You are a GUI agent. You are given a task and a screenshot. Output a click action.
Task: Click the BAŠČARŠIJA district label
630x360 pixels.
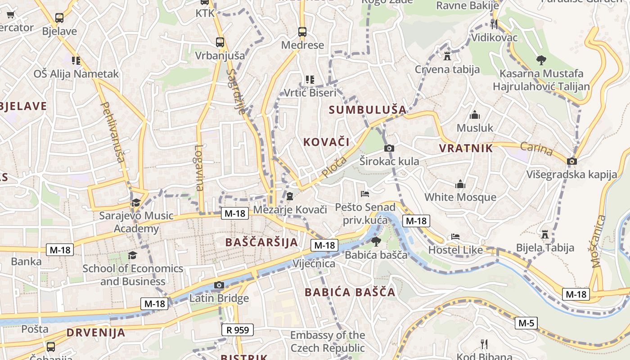click(x=261, y=242)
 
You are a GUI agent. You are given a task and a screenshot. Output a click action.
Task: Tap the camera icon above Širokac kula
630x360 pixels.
click(x=389, y=148)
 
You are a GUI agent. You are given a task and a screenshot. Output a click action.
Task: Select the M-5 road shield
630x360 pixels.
click(x=526, y=323)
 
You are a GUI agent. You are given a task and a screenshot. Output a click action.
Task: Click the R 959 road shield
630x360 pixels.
click(x=238, y=330)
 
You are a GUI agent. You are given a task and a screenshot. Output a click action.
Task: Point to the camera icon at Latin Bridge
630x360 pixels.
click(x=219, y=285)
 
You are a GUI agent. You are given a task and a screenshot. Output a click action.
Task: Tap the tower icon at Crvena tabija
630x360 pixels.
click(x=447, y=56)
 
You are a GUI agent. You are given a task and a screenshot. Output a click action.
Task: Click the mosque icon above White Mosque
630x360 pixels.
click(x=460, y=184)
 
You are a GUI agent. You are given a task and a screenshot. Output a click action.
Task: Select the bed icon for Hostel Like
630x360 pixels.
click(x=455, y=237)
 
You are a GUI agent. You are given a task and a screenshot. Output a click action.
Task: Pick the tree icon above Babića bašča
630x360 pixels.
click(x=376, y=242)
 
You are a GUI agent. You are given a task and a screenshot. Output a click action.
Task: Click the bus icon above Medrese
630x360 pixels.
click(x=302, y=32)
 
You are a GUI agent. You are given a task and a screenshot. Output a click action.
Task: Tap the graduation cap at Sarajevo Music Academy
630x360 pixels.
click(x=136, y=202)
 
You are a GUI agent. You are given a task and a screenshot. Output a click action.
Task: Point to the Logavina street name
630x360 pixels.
click(x=199, y=167)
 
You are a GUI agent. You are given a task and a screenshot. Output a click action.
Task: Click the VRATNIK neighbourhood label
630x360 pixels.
click(x=466, y=148)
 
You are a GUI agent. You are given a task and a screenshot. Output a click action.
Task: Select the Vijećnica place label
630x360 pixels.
click(x=314, y=263)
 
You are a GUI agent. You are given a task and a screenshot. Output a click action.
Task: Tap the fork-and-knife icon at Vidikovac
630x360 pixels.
click(x=494, y=24)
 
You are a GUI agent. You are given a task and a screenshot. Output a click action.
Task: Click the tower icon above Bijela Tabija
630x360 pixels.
click(x=545, y=234)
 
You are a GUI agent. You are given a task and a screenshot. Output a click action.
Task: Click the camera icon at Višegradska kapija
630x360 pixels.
click(x=572, y=161)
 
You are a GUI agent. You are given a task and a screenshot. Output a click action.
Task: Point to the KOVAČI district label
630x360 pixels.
click(x=326, y=142)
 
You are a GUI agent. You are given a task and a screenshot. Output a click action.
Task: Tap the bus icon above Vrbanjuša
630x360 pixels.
click(x=220, y=42)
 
